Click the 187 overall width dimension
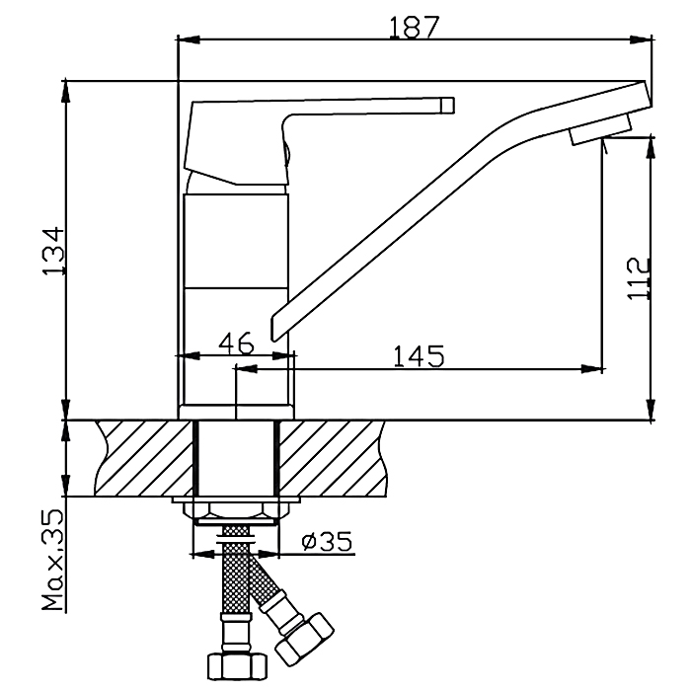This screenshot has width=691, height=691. point(414,28)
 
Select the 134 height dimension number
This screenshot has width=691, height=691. point(54,251)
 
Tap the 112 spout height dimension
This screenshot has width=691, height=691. point(639,278)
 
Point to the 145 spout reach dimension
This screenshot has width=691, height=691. point(419,356)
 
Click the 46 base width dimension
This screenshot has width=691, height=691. point(237,344)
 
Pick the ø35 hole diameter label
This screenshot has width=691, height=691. point(327,541)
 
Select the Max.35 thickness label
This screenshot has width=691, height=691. point(53,560)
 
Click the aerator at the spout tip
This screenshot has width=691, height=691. point(600,129)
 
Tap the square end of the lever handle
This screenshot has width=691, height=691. point(448,105)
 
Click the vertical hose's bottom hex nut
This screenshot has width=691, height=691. point(238,666)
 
